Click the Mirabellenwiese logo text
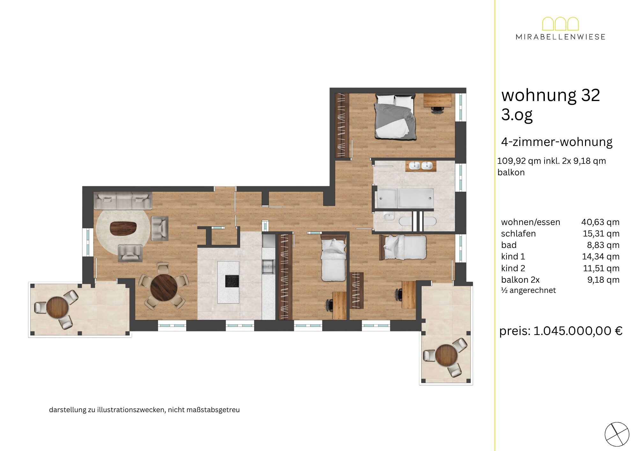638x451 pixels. point(560,37)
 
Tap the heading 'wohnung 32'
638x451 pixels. point(551,95)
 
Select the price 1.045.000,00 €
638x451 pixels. point(578,331)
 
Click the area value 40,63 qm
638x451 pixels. point(600,222)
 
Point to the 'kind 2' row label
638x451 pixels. point(513,268)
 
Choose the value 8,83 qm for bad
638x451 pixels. point(603,245)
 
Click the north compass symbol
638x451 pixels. point(617,434)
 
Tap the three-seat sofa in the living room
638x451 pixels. point(123,200)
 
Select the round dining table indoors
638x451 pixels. point(164,288)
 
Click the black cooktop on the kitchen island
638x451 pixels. point(232,281)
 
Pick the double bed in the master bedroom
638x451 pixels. point(396,116)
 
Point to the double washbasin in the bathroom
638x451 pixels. point(421,166)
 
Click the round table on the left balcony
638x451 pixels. point(57,307)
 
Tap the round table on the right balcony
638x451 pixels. point(446,355)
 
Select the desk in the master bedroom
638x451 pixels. point(437,100)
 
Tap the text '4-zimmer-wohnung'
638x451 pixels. point(557,142)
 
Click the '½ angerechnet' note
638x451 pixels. point(528,290)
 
